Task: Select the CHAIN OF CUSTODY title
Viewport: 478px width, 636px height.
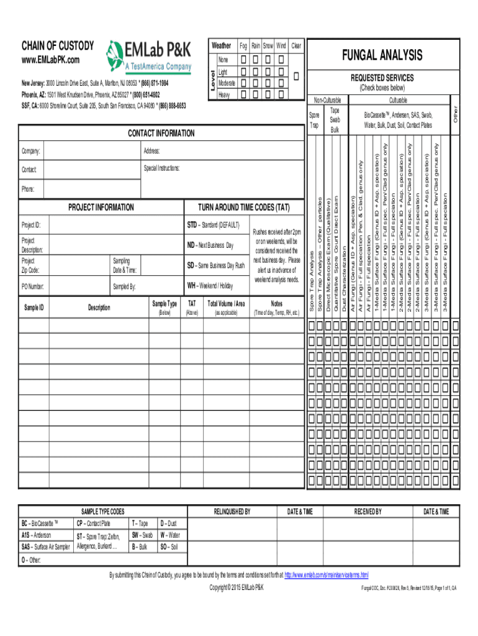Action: coord(58,46)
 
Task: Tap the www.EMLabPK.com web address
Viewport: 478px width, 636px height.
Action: coord(51,60)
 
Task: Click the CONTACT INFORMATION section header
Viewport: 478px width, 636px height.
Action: coord(161,134)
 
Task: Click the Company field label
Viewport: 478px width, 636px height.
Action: coord(32,152)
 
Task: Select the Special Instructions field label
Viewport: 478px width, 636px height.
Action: coord(161,168)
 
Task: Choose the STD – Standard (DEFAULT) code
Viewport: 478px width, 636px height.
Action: coord(214,224)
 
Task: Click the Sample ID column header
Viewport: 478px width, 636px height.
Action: coord(34,307)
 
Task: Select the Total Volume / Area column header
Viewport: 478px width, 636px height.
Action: coord(226,304)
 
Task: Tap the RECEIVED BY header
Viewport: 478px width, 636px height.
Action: coord(368,511)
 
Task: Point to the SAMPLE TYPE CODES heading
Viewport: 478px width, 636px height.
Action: coord(99,511)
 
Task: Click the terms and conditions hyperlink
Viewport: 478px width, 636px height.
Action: coord(326,575)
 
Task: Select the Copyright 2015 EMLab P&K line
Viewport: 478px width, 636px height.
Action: coord(237,587)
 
